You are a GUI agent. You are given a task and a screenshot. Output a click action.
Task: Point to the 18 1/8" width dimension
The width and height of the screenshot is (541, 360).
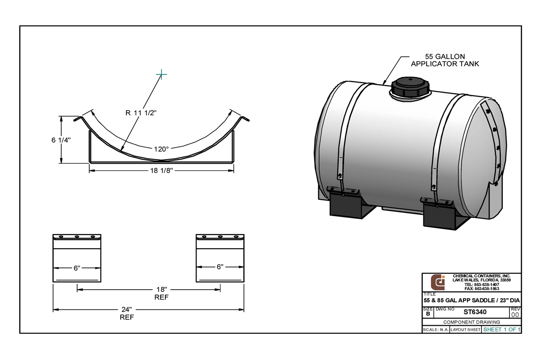[161, 171]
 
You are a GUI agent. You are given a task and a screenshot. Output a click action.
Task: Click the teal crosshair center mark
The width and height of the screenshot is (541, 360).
[161, 74]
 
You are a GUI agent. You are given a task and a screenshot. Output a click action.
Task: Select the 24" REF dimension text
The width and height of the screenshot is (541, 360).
[127, 313]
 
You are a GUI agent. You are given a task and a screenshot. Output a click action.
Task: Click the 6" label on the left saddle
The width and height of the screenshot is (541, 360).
[77, 268]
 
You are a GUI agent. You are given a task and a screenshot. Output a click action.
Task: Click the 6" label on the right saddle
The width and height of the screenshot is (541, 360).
[220, 267]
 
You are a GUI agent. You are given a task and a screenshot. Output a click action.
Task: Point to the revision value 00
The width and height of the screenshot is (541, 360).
[515, 314]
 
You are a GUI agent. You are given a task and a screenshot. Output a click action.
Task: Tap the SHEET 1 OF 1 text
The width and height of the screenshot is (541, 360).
[502, 330]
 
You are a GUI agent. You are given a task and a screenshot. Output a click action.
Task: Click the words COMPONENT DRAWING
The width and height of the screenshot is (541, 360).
[472, 322]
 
